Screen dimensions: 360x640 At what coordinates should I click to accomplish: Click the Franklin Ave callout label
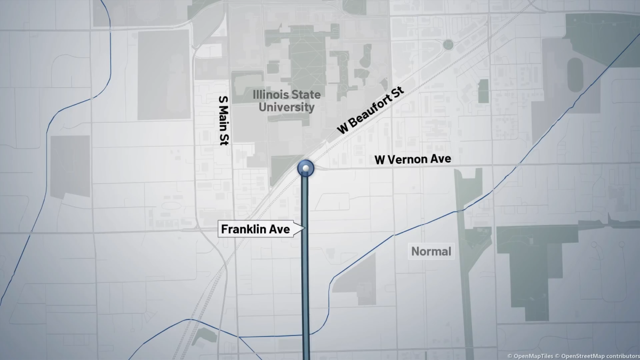click(257, 229)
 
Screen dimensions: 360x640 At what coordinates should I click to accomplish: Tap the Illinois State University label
click(287, 101)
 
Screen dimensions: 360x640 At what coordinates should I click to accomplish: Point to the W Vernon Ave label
click(412, 159)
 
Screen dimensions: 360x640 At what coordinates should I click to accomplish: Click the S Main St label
click(224, 121)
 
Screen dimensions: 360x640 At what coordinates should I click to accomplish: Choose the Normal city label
click(431, 251)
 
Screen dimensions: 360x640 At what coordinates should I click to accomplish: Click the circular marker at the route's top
click(306, 169)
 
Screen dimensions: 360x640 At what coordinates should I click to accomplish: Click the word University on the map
click(286, 107)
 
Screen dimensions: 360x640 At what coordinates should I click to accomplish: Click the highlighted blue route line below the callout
click(306, 293)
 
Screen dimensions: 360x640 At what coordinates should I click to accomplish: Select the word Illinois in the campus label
click(268, 95)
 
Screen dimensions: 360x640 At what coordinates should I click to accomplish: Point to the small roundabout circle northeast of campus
click(448, 45)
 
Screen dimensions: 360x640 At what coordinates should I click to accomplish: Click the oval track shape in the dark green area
click(575, 75)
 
